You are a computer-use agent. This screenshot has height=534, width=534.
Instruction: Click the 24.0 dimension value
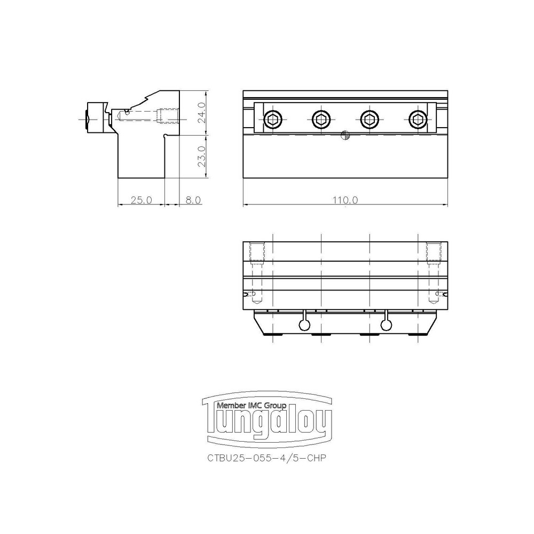pos(201,113)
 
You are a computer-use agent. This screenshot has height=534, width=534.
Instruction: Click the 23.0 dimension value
pos(201,156)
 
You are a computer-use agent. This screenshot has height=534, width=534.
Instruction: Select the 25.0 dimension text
pos(142,200)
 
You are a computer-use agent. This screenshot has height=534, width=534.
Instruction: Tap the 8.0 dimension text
pos(193,200)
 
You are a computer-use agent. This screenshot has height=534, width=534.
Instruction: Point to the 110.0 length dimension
pos(345,200)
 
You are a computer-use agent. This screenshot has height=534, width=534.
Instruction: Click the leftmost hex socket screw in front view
pos(273,120)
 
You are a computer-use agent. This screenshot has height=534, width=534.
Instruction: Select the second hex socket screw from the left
pos(321,120)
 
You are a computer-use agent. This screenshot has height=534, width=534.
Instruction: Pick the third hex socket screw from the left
pos(370,120)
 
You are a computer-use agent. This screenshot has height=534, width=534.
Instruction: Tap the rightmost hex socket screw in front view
pos(418,120)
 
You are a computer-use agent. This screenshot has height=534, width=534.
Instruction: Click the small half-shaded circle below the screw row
pos(345,135)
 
